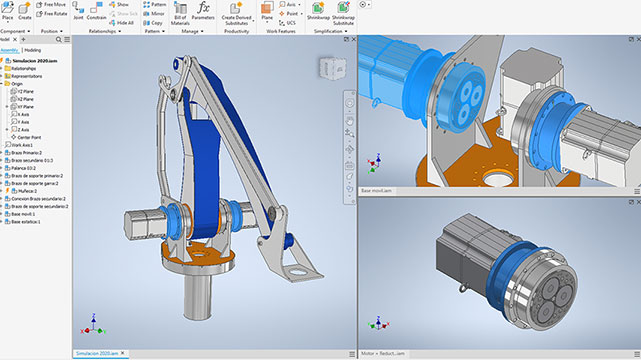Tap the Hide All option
(122, 23)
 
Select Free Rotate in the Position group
(55, 14)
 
